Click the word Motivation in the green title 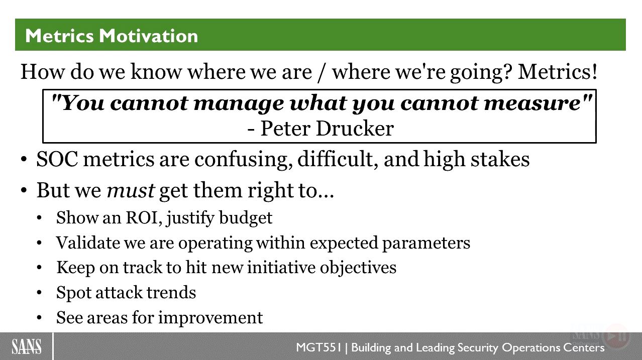click(x=149, y=36)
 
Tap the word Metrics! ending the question click(x=558, y=72)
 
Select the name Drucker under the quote click(x=355, y=129)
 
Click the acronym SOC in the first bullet click(x=57, y=159)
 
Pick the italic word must click(x=131, y=190)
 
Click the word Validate click(x=88, y=243)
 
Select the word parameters click(x=426, y=244)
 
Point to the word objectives click(x=358, y=268)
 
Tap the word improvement click(x=210, y=318)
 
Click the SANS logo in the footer click(x=26, y=346)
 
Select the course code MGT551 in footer click(x=318, y=347)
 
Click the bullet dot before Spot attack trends click(x=39, y=293)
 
